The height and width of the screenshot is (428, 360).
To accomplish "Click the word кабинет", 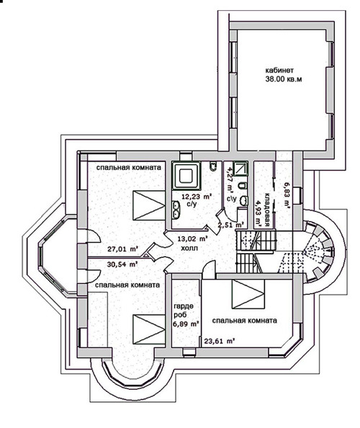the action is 279,70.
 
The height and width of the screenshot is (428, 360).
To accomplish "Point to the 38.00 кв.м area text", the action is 284,79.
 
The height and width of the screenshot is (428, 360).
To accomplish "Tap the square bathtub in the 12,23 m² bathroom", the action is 186,175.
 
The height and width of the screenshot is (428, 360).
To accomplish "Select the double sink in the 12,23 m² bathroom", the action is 176,210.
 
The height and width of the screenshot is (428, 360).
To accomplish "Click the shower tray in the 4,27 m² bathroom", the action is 240,168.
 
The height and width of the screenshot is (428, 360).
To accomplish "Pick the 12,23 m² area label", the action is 197,196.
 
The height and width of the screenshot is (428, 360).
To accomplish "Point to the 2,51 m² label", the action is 231,225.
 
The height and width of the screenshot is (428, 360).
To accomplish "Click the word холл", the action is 189,249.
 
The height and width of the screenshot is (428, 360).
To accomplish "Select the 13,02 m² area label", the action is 193,239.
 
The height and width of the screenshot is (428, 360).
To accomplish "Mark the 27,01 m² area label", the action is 122,249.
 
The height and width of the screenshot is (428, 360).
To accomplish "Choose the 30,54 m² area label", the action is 122,264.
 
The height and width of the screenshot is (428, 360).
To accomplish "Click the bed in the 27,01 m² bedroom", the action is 149,205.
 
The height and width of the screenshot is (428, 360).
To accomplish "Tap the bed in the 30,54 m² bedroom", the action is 149,329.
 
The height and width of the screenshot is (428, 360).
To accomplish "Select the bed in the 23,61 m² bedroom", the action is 248,294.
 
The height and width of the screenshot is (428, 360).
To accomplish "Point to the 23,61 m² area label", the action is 220,341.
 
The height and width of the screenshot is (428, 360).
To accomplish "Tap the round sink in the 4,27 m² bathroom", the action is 243,200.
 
